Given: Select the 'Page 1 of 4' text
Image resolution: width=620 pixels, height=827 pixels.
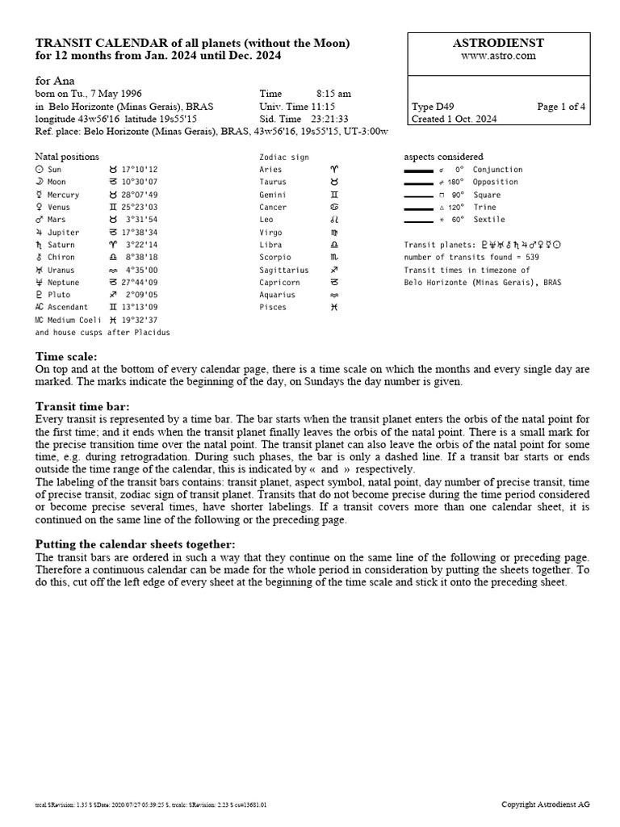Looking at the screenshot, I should pyautogui.click(x=562, y=107).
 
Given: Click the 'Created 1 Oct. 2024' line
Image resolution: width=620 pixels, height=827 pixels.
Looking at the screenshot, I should pyautogui.click(x=454, y=119).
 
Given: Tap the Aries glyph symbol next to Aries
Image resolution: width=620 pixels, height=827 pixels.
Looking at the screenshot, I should pyautogui.click(x=335, y=170).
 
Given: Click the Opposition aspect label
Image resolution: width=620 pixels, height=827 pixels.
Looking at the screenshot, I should pyautogui.click(x=495, y=182).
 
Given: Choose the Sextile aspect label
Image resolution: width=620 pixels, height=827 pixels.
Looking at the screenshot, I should pyautogui.click(x=488, y=220).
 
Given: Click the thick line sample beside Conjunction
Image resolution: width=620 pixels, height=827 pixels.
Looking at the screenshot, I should pyautogui.click(x=418, y=170).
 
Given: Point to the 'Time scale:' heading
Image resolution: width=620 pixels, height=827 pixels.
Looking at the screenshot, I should pyautogui.click(x=66, y=356).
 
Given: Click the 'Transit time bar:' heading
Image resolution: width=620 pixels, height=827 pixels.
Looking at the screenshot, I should pyautogui.click(x=83, y=406).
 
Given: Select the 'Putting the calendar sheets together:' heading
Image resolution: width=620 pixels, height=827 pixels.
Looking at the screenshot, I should pyautogui.click(x=136, y=544).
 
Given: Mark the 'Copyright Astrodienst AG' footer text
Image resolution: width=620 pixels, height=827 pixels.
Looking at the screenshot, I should pyautogui.click(x=545, y=804).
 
